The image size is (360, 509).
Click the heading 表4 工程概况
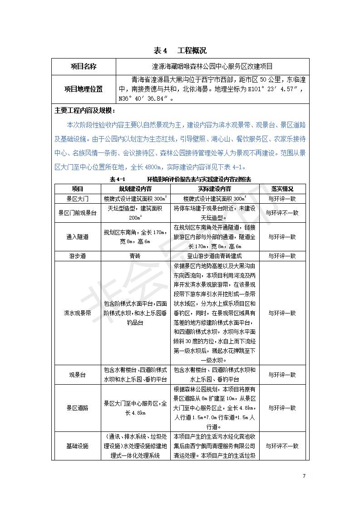pos(180,50)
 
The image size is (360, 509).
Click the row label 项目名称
pos(84,66)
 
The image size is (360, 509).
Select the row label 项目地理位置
pos(84,89)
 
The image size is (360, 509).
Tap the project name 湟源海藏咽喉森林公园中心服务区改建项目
pos(212,66)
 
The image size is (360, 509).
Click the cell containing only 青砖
pos(135,256)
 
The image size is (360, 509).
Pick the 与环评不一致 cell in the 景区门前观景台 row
pos(282,213)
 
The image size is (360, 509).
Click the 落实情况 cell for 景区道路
pos(282,408)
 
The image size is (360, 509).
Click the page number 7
pos(304,476)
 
